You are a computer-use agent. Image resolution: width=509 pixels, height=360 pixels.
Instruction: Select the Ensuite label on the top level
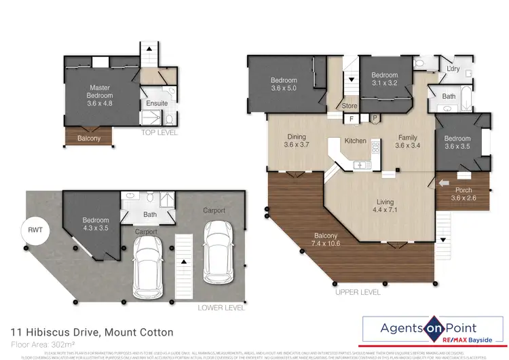coord(157,103)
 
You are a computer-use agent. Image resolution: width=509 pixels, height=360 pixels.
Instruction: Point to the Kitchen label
coord(355,141)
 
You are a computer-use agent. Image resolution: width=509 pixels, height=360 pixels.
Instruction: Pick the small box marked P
coord(374,119)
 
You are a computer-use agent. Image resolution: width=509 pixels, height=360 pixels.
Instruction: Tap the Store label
coord(350,106)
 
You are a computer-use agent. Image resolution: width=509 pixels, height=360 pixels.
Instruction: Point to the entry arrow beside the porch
coord(444,182)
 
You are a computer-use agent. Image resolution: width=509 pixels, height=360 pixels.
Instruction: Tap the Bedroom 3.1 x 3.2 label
coord(383,79)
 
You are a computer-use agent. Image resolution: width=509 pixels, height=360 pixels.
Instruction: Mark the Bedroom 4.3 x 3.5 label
coord(96,224)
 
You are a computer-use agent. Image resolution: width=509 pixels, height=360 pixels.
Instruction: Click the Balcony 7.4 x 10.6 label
coord(324,240)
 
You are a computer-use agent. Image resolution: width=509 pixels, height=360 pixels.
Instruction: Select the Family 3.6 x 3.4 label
coord(409,141)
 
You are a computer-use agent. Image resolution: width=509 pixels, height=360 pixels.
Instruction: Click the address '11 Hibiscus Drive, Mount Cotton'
coord(92,332)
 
